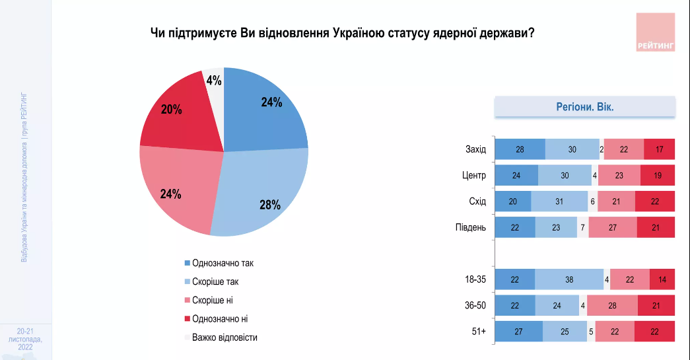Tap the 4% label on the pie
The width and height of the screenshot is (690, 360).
click(214, 81)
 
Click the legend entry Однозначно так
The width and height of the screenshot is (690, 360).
click(223, 263)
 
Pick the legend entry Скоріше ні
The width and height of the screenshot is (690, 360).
click(212, 300)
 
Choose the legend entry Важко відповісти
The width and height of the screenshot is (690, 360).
click(224, 337)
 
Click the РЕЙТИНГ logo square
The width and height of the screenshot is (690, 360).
click(656, 32)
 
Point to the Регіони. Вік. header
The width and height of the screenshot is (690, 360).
click(586, 107)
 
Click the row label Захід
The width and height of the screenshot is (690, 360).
click(475, 149)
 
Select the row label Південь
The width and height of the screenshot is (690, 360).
click(471, 228)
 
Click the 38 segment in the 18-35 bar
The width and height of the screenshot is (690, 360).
click(569, 279)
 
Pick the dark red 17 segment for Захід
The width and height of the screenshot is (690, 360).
click(659, 149)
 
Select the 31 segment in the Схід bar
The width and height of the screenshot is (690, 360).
click(559, 201)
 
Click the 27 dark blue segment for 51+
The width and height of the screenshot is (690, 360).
click(518, 332)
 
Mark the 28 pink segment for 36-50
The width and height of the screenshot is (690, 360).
click(612, 305)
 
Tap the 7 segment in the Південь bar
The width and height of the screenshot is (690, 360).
click(582, 228)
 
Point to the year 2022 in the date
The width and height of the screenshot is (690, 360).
click(26, 347)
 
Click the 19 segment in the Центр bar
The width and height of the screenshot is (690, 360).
click(658, 176)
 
